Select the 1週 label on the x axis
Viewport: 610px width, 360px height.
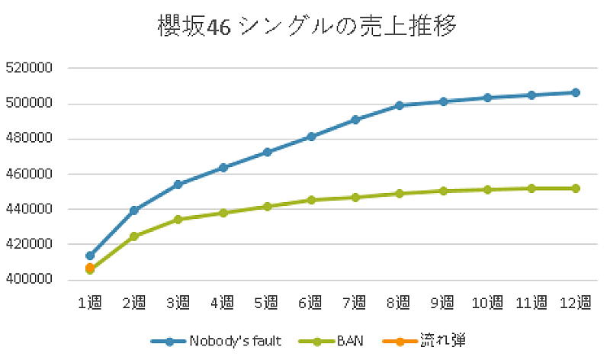90,303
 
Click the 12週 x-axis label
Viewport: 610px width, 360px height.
576,303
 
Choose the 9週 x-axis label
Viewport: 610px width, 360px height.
444,303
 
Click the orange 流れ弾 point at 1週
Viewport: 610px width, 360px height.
90,268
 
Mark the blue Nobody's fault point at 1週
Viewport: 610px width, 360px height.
90,256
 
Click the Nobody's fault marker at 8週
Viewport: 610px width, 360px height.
400,105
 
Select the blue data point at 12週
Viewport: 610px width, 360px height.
576,92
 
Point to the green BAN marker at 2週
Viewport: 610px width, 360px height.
134,236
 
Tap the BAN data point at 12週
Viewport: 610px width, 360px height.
576,188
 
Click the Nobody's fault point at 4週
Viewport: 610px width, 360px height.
223,167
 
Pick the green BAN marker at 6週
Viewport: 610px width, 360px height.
311,200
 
